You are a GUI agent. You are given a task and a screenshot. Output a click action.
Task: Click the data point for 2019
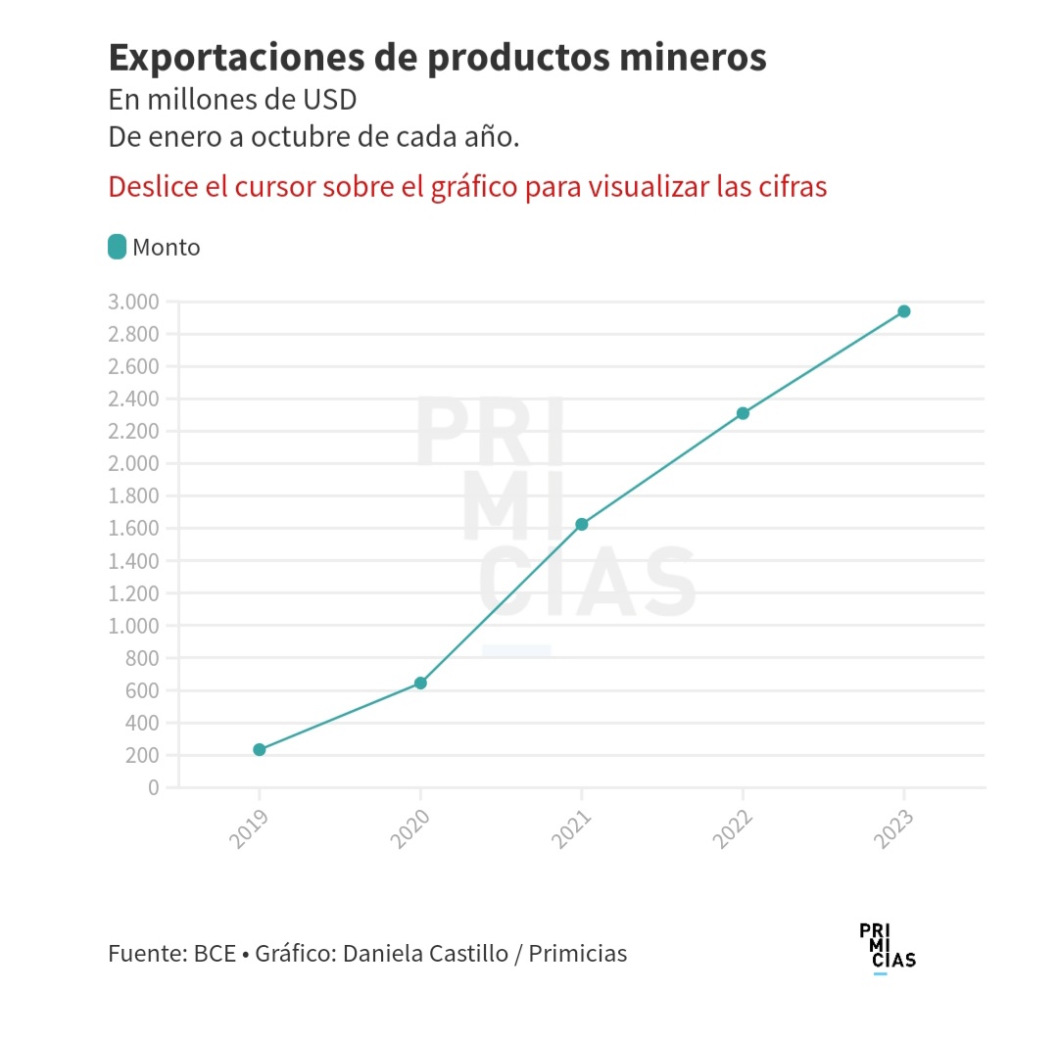260,749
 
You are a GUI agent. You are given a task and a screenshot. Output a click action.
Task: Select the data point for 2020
420,683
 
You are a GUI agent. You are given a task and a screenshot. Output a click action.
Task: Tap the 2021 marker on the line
582,524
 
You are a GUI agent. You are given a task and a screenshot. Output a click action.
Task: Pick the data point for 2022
743,413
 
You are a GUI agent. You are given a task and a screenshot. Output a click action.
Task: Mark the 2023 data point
904,311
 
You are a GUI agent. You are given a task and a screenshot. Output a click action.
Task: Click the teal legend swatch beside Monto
118,247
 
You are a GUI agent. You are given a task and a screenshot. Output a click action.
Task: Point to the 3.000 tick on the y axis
134,302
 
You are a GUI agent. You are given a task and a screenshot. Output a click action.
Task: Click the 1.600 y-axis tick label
134,529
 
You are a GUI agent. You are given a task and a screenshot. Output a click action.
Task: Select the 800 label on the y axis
141,658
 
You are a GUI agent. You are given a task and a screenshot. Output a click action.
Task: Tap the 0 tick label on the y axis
152,787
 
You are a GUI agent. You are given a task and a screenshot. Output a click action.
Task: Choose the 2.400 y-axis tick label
134,399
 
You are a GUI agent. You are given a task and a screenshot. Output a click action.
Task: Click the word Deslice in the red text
150,186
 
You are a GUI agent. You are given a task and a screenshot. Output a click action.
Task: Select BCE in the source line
215,953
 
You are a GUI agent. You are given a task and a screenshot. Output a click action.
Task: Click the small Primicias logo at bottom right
887,947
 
